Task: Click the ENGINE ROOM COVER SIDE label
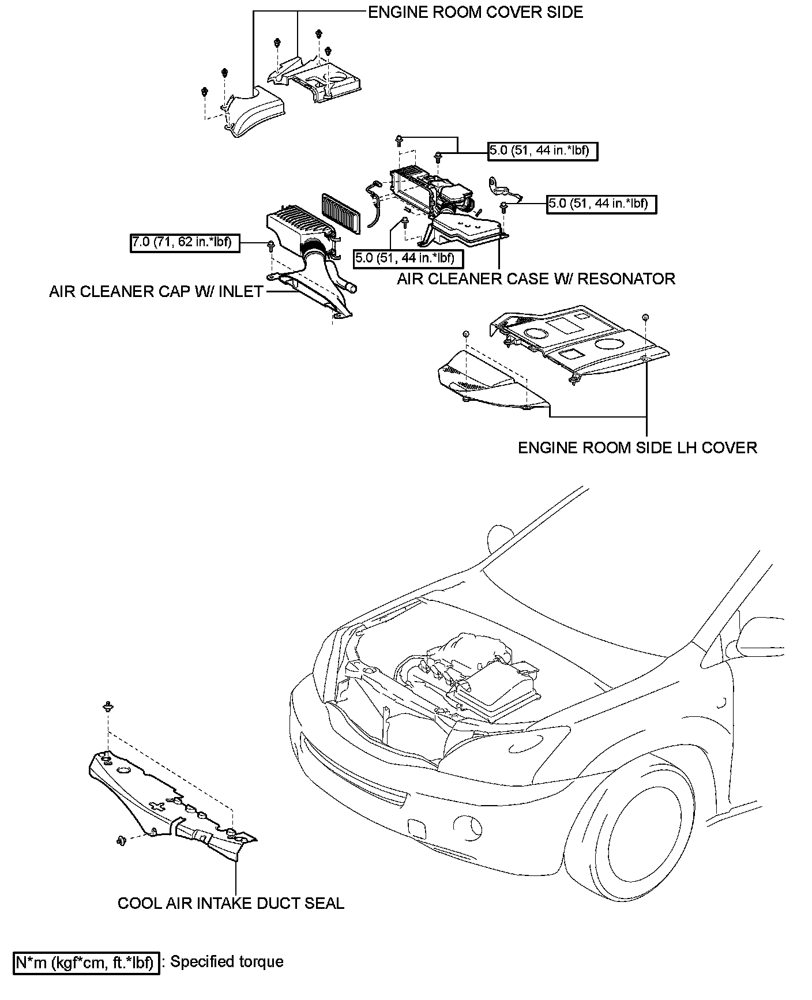click(x=475, y=12)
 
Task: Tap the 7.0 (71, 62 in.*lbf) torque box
click(x=185, y=243)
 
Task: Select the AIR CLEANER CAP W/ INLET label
click(x=156, y=292)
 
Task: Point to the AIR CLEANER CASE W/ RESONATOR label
click(x=536, y=279)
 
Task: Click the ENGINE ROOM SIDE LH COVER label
click(x=637, y=448)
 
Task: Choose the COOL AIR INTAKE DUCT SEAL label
click(x=231, y=903)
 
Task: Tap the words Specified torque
click(x=227, y=962)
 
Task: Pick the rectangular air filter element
click(x=340, y=213)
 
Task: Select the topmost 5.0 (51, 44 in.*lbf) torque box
click(x=543, y=151)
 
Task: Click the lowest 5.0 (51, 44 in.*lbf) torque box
click(x=408, y=258)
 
